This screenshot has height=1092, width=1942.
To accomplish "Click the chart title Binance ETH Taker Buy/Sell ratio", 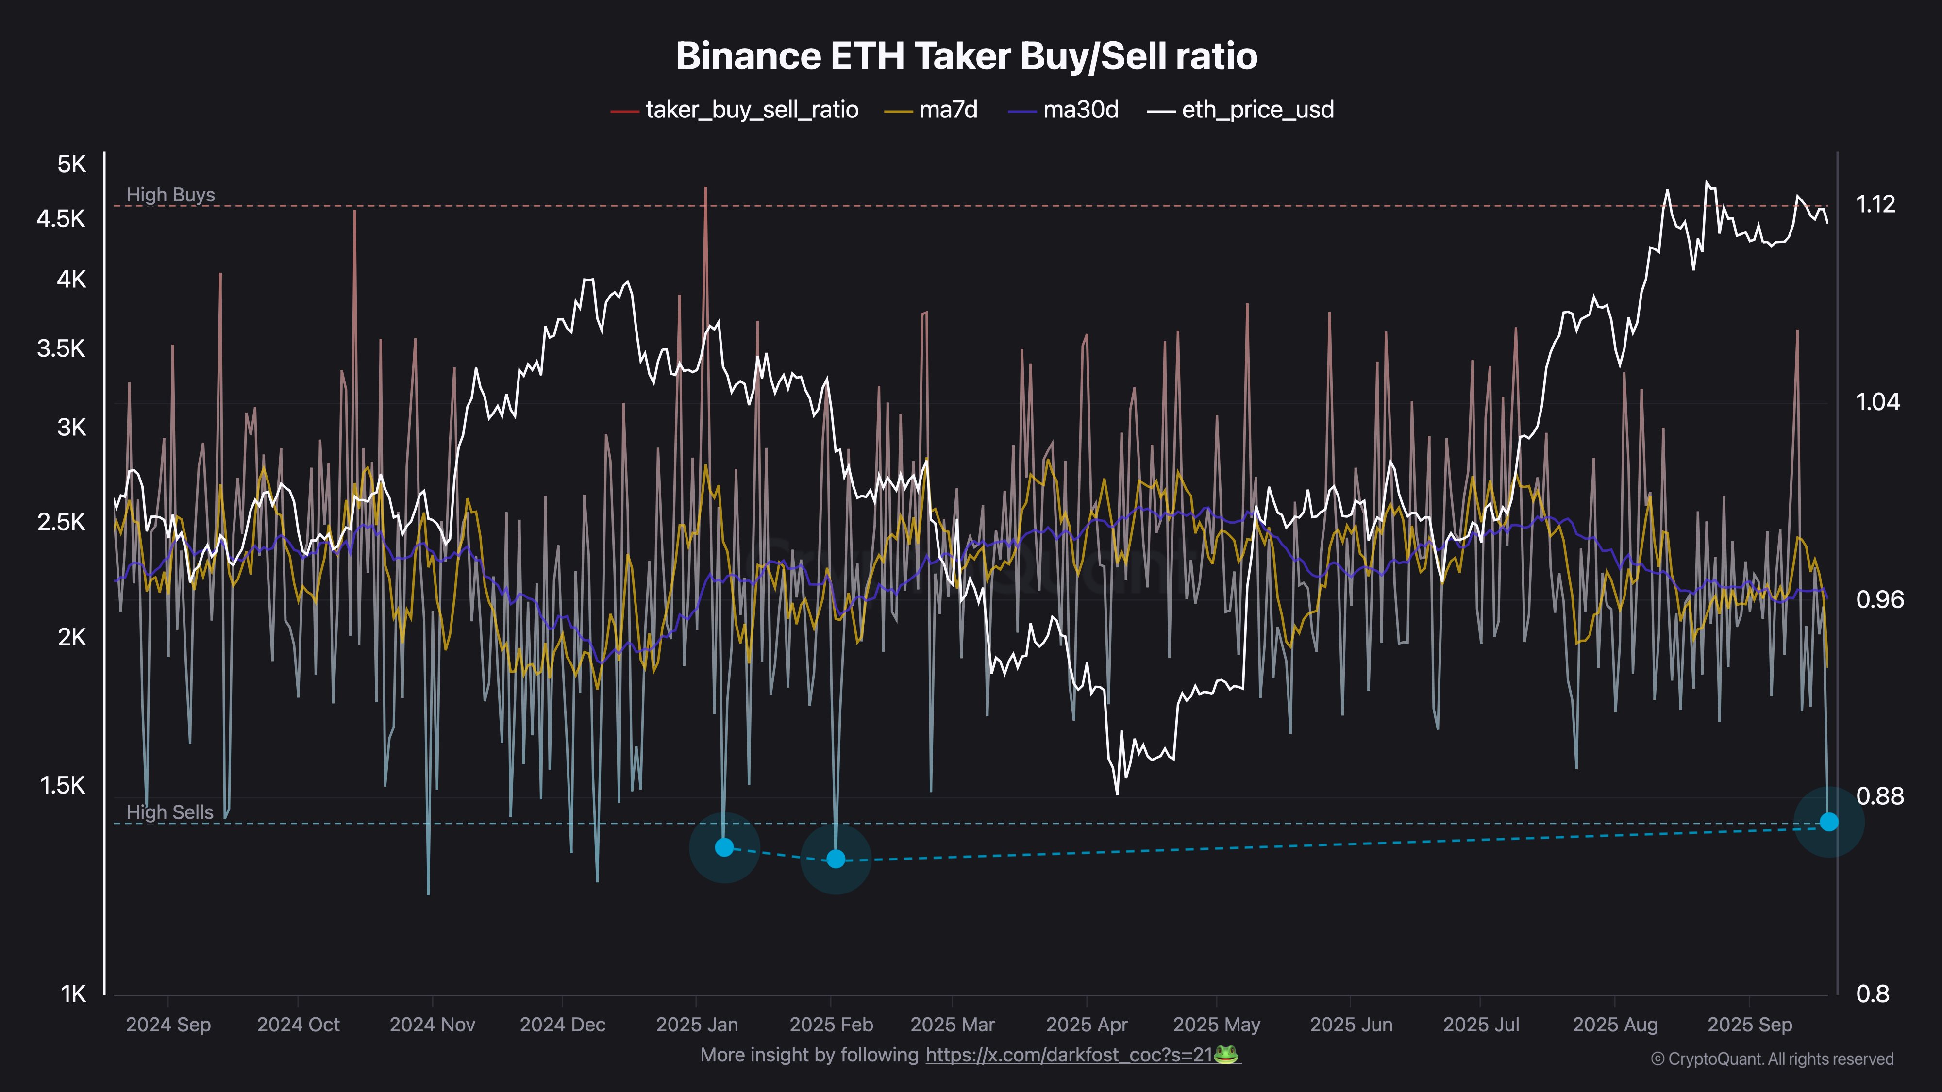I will pos(967,56).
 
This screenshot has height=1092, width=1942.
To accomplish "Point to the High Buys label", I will pos(170,195).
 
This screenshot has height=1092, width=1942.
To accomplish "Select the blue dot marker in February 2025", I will pos(835,859).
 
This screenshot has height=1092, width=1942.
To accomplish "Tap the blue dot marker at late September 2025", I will pos(1828,822).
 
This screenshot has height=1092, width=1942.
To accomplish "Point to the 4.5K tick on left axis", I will pos(61,219).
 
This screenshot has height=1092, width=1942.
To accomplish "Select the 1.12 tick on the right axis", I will pos(1875,204).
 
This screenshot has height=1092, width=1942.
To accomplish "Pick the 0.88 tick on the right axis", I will pos(1879,796).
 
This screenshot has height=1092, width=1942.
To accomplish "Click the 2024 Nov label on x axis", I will pos(432,1025).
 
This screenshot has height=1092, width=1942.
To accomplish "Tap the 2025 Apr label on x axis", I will pos(1087,1025).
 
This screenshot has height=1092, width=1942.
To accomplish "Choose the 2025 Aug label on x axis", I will pos(1615,1025).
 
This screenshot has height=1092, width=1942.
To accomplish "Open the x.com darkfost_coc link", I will pos(1069,1055).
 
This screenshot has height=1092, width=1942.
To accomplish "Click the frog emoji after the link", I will pos(1226,1054).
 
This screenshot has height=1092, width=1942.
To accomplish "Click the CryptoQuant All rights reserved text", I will pos(1772,1059).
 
